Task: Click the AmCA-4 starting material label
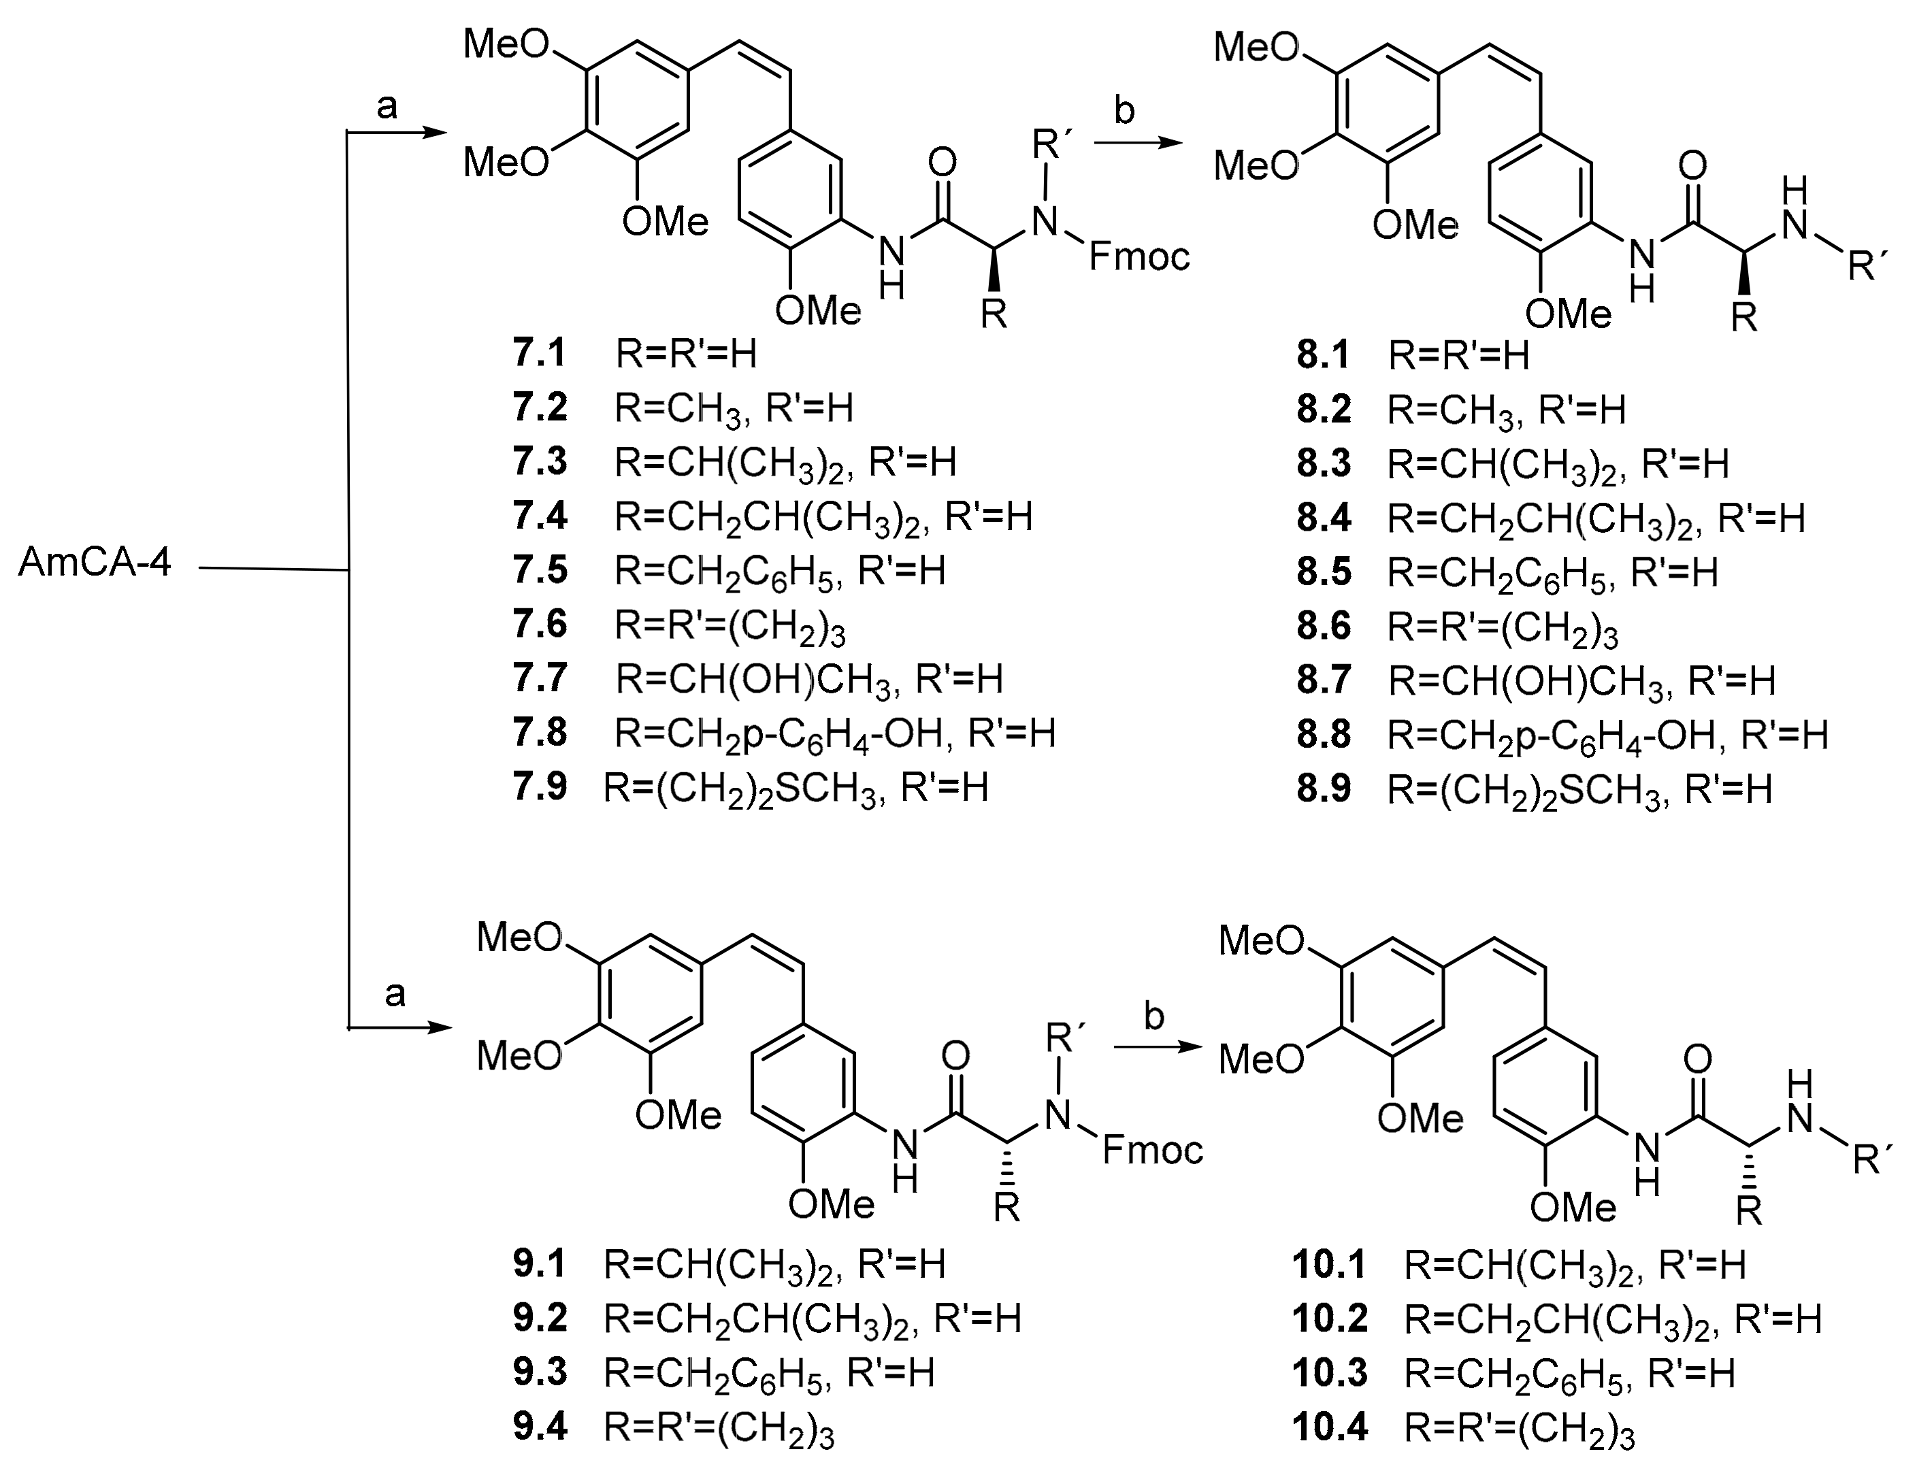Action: tap(95, 562)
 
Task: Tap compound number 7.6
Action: tap(540, 625)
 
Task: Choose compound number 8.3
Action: tap(1324, 463)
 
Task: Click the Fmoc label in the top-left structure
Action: tap(1139, 256)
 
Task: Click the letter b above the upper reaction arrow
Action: tap(1124, 112)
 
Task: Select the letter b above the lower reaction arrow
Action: tap(1154, 1016)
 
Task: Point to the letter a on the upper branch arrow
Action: tap(387, 107)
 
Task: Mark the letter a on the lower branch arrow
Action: tap(395, 994)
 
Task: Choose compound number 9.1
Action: tap(540, 1263)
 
